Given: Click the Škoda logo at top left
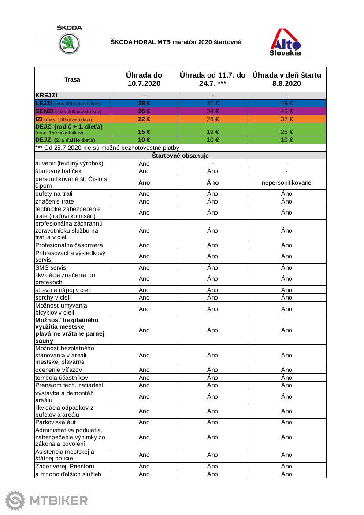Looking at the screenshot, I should pos(69,40).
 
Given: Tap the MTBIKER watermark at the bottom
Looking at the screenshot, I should pos(47,500).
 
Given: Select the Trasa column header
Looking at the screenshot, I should pos(72,79).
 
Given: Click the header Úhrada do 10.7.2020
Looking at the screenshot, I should pos(144,79).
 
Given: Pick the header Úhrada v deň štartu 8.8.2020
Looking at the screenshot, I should pos(286,79).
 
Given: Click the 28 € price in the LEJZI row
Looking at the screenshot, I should pos(144,104).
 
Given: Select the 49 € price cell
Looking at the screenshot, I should pos(286,104).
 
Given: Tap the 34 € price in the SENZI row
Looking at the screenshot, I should pos(212,111).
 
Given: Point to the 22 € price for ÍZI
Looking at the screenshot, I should pos(144,119).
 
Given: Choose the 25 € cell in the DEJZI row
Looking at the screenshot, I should pos(286,132).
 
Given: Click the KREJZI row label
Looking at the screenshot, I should pos(46,95).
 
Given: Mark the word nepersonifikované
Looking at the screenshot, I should pos(286,182).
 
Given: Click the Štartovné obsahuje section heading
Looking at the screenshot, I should pos(180,156).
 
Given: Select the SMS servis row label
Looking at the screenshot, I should pos(51,267).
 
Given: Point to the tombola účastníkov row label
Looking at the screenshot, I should pos(62,378).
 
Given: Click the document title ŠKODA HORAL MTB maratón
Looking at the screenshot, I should pos(175,42).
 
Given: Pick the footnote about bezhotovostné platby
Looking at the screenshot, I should pos(107,148).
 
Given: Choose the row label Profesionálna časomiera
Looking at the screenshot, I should pos(69,245).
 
